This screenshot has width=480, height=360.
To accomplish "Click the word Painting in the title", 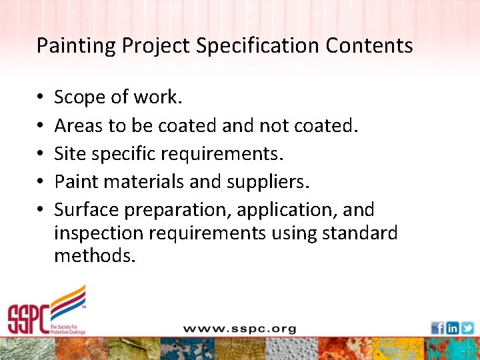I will coord(67,46).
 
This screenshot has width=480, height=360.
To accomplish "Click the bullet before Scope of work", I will coord(41,97).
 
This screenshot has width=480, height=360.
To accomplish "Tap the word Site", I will coord(69,153).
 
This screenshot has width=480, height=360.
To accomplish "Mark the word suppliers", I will coord(275,182).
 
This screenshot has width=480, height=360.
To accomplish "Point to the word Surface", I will coord(87,209).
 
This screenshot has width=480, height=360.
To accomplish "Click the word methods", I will coord(95,255).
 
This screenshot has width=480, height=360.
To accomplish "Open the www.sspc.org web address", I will coord(239,329).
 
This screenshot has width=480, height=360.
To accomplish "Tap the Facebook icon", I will coord(437,327).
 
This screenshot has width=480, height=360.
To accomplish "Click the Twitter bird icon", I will coord(467,327).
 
